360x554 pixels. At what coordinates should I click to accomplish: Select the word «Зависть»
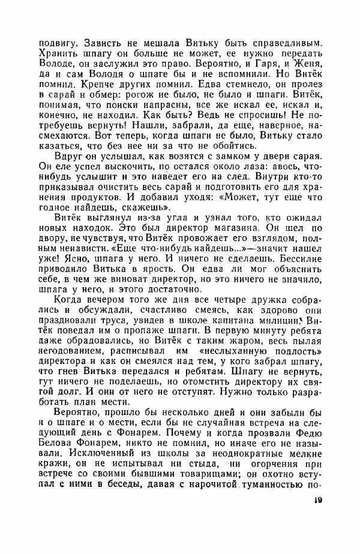(x=103, y=43)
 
